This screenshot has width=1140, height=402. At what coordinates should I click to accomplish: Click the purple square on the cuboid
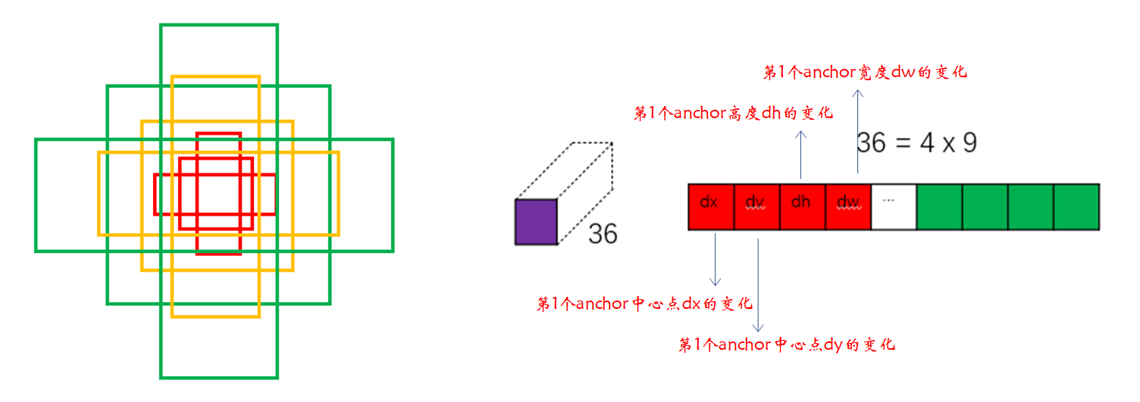click(x=536, y=222)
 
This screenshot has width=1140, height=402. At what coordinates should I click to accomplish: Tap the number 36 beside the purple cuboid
click(x=603, y=233)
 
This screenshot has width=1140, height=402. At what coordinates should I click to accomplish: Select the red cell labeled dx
click(x=710, y=206)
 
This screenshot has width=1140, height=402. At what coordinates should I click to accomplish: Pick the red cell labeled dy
click(x=756, y=206)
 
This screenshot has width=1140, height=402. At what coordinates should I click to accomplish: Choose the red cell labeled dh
click(x=801, y=206)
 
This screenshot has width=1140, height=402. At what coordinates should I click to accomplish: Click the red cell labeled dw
click(x=847, y=206)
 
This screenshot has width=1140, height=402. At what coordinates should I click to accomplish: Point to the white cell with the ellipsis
click(x=893, y=206)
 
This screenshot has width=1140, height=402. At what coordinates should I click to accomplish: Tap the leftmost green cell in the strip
click(x=939, y=206)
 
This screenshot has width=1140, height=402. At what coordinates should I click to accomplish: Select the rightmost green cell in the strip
click(x=1076, y=206)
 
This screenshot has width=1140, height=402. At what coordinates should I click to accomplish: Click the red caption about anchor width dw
click(x=865, y=73)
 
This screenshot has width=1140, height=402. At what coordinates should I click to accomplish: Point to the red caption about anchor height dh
click(x=733, y=114)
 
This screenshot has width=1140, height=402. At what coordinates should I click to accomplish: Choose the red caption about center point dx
click(x=644, y=304)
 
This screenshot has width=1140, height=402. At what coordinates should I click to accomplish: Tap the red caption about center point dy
click(x=787, y=345)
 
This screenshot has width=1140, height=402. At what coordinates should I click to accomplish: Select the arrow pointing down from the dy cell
click(x=759, y=284)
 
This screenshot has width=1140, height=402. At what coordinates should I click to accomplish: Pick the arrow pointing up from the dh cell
click(x=802, y=155)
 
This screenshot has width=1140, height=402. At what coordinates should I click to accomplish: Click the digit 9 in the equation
click(x=969, y=142)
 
